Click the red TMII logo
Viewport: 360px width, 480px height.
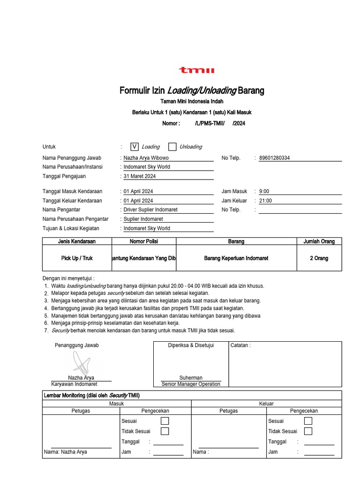click(196, 70)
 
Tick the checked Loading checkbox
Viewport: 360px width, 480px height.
click(135, 147)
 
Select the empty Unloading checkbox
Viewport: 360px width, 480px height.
click(172, 147)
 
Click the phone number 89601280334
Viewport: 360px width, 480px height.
click(274, 158)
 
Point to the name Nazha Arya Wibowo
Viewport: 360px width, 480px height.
click(146, 158)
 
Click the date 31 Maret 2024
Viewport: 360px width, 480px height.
click(140, 176)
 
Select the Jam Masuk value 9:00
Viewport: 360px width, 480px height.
click(264, 191)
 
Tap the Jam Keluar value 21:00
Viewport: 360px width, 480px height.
click(265, 201)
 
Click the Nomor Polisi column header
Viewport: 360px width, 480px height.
click(144, 241)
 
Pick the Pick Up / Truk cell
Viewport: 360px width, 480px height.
click(77, 258)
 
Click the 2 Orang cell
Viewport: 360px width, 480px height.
click(319, 258)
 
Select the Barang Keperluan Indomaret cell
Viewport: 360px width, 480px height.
click(236, 258)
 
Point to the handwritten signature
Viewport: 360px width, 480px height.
click(81, 361)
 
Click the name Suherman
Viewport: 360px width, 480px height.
click(191, 378)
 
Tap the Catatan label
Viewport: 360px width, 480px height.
click(240, 345)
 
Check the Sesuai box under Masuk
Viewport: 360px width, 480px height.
click(165, 421)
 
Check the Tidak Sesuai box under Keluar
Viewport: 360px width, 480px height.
click(308, 431)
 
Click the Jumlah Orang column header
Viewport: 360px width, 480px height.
click(319, 241)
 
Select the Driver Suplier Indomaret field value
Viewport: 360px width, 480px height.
click(150, 210)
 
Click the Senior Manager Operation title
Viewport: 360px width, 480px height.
click(191, 384)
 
